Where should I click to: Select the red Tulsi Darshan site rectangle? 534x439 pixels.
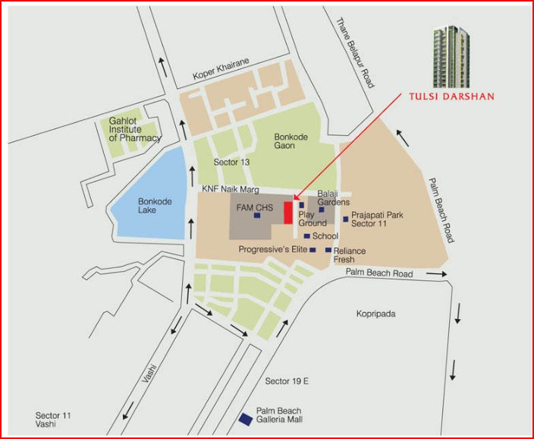coord(287,213)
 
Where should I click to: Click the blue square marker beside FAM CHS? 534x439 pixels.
coord(257,216)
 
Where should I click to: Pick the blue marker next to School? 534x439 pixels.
coord(306,236)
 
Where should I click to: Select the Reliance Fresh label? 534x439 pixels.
coord(350,255)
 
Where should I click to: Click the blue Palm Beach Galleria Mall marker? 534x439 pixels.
coord(246,418)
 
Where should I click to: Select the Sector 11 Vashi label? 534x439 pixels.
coord(53,419)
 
